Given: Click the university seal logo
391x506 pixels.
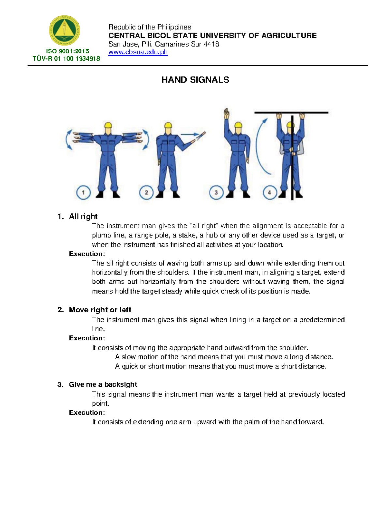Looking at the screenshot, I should click(x=64, y=31).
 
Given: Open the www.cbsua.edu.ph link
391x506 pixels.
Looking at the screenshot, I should click(x=138, y=52).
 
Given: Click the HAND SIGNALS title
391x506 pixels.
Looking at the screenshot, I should click(x=195, y=80).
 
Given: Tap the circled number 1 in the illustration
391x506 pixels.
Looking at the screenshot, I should click(x=83, y=192).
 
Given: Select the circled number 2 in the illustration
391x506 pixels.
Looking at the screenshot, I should click(x=146, y=192).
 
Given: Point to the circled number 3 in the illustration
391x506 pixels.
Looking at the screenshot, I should click(x=216, y=192).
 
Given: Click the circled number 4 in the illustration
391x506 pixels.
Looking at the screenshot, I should click(x=269, y=192).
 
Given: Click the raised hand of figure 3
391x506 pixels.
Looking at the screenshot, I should click(x=226, y=115).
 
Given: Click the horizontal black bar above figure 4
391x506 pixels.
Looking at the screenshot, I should click(x=291, y=112).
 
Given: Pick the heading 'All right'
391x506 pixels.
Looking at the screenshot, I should click(x=83, y=216).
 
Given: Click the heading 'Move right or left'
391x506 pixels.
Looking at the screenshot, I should click(x=100, y=310).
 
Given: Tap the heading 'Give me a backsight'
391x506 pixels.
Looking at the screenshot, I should click(x=103, y=384).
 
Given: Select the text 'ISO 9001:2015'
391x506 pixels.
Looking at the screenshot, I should click(x=67, y=51).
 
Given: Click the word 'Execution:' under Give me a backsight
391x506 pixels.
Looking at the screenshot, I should click(x=87, y=412).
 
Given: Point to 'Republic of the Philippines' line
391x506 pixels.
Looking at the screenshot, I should click(x=150, y=27).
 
